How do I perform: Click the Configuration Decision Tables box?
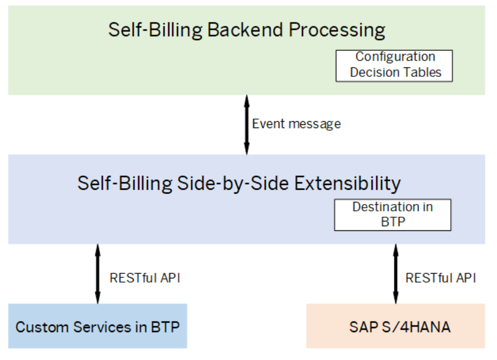click(394, 66)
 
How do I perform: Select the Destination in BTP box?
click(393, 215)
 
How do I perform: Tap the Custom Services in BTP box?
click(98, 326)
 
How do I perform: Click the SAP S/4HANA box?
click(396, 326)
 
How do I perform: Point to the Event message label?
click(296, 124)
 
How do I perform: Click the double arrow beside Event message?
click(247, 124)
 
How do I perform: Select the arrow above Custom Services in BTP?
click(98, 274)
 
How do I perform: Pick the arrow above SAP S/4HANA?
click(396, 274)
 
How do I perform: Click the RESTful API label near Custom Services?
click(145, 278)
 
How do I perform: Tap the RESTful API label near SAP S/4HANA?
click(441, 278)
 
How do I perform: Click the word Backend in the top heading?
click(245, 30)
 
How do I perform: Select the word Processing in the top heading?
click(337, 31)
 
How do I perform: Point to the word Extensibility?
click(347, 184)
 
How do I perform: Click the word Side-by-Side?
click(232, 184)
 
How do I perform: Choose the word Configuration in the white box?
click(395, 57)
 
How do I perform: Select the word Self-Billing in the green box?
click(155, 30)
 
